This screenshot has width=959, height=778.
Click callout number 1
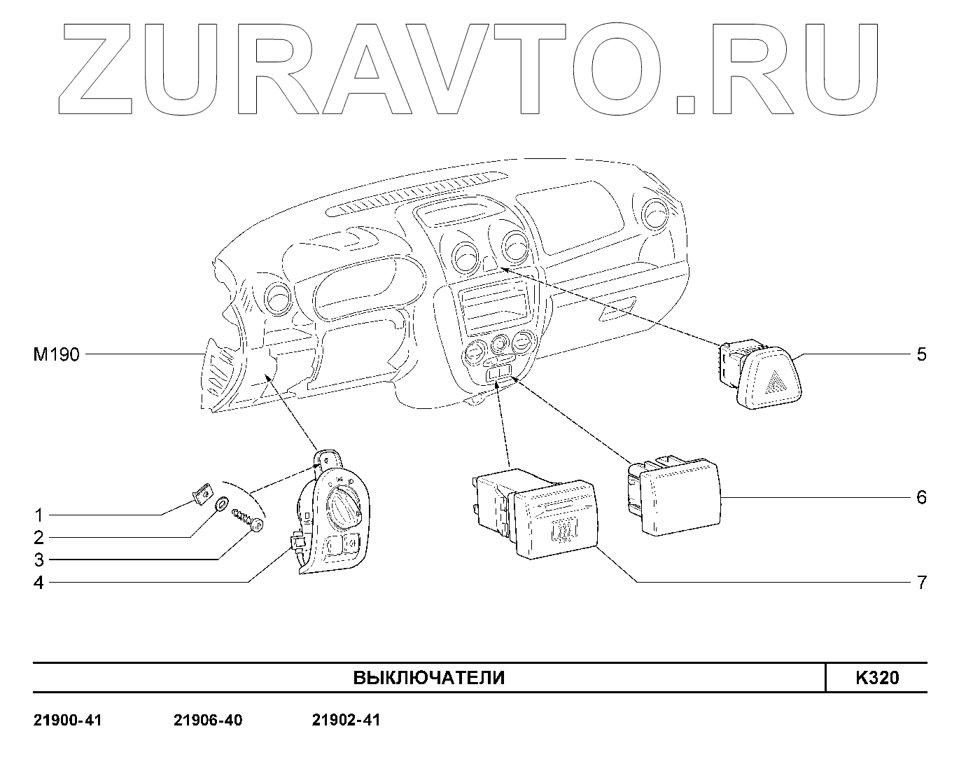[x=39, y=515]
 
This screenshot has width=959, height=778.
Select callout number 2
[x=39, y=538]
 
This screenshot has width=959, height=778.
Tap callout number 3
[x=39, y=560]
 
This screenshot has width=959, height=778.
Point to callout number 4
[x=39, y=583]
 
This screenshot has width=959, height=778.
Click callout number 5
[x=921, y=354]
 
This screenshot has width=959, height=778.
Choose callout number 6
[x=921, y=498]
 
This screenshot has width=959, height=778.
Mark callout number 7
[x=921, y=583]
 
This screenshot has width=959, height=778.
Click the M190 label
[x=57, y=355]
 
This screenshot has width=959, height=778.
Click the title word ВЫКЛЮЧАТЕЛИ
[x=428, y=678]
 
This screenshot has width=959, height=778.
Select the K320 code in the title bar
[x=876, y=678]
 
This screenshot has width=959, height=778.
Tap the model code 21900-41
[x=68, y=720]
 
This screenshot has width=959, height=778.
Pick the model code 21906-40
[x=208, y=720]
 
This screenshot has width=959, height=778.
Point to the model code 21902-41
[x=346, y=720]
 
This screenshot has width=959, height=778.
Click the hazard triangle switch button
[x=774, y=381]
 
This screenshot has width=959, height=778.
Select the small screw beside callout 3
[x=248, y=519]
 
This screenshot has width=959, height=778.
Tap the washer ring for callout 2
[x=222, y=503]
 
